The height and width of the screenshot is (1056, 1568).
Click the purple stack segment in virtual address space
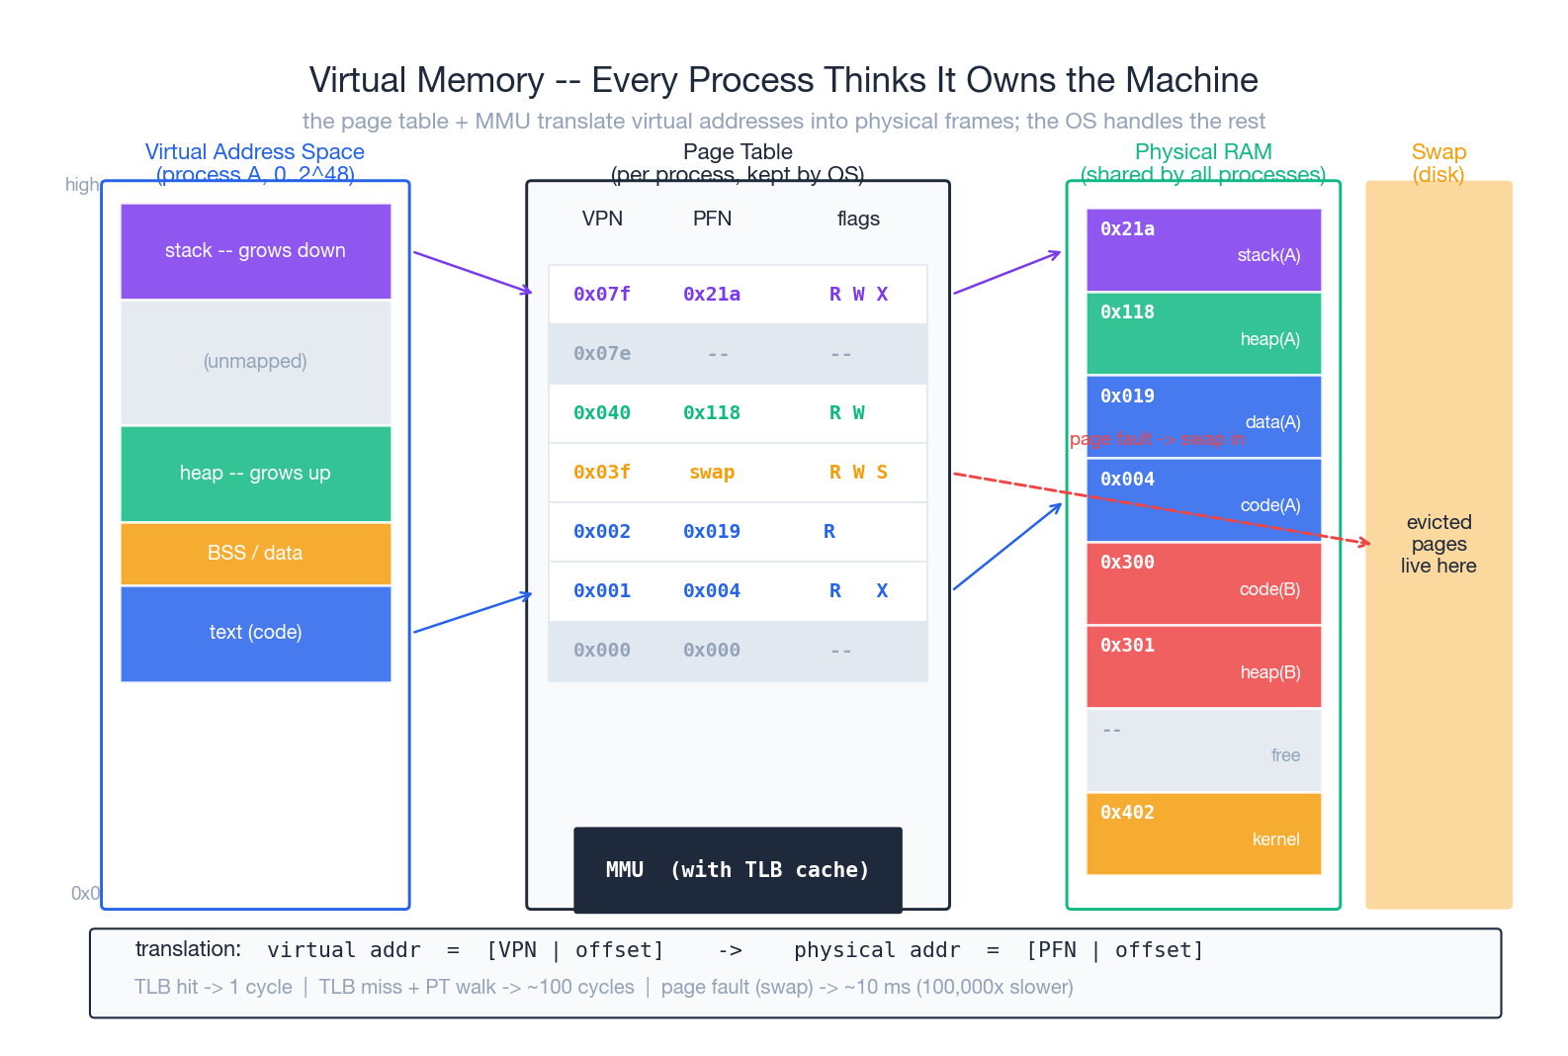255,251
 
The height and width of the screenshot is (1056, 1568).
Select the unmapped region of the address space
255,362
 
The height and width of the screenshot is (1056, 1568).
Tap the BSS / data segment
255,553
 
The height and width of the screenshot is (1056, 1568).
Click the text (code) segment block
255,633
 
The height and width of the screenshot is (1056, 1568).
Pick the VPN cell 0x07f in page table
601,294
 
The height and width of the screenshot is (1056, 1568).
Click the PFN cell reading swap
712,473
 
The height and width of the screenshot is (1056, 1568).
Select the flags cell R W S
857,473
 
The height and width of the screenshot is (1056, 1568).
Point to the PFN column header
712,219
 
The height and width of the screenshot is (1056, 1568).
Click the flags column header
857,219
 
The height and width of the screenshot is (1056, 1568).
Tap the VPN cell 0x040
601,412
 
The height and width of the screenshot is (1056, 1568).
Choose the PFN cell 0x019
712,531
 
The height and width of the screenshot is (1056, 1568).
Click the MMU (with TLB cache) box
738,869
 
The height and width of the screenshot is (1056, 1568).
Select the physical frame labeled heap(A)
1203,333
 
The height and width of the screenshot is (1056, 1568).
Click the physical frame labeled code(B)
1203,583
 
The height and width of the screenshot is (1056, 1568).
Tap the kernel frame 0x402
1203,834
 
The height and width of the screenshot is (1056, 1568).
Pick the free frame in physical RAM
1203,749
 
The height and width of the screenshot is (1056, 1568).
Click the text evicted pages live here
1438,544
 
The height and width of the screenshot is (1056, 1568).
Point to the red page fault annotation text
1156,439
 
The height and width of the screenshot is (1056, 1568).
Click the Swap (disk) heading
1438,163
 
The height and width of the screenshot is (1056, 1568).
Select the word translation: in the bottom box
188,949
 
